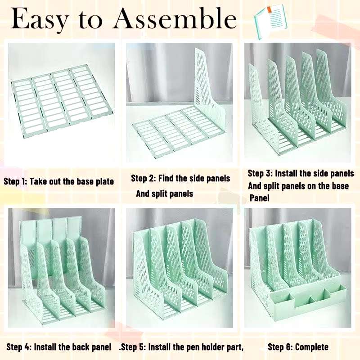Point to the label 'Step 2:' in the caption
click(x=143, y=178)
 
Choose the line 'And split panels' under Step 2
click(x=165, y=193)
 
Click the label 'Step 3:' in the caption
click(x=260, y=173)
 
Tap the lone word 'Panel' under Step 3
click(x=260, y=198)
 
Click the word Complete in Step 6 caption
click(x=312, y=347)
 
